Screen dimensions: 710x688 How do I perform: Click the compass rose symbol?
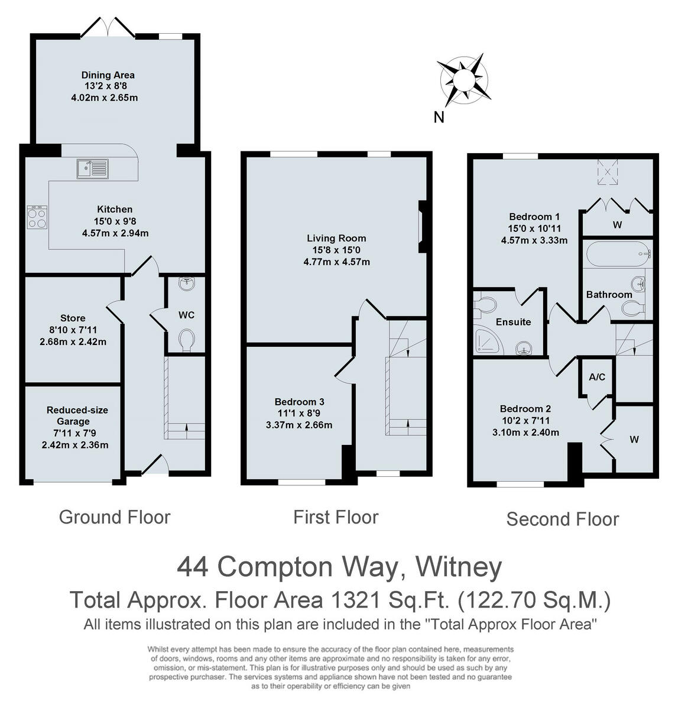tap(463, 79)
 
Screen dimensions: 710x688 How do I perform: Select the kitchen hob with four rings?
tap(38, 217)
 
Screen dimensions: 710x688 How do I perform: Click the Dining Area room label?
tap(108, 75)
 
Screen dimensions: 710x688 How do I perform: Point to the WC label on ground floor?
tap(186, 315)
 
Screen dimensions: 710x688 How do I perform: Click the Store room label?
tap(73, 318)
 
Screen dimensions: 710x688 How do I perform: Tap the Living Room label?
tap(336, 238)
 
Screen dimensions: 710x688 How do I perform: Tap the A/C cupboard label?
tap(597, 377)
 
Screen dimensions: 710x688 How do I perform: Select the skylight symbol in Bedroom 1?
tap(608, 171)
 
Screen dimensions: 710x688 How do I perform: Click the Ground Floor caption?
tap(115, 517)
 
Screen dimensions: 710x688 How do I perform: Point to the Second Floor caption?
tap(562, 519)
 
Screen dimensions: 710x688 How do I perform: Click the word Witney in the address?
tap(459, 567)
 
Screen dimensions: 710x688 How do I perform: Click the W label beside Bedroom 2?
tap(634, 440)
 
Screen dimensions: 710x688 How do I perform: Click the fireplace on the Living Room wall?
tap(422, 227)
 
